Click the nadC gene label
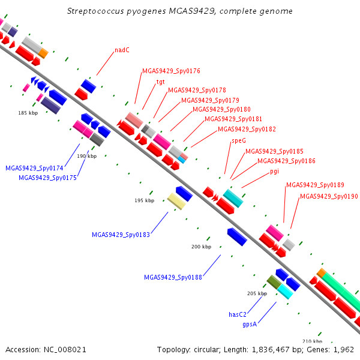point(122,50)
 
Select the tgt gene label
point(160,82)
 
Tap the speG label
point(239,140)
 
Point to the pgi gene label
point(274,172)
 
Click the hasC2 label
point(238,314)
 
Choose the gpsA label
point(250,324)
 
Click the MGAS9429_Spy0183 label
point(121,235)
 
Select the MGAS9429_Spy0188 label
point(173,277)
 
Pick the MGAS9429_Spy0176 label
point(171,71)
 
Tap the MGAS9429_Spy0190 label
point(329,196)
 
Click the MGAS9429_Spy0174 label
point(34,168)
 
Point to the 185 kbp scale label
point(28,113)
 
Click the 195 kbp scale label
point(145,200)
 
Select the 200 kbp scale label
point(201,247)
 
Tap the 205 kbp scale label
point(257,293)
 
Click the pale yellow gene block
point(176,201)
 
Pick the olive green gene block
point(274,282)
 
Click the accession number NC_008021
point(65,350)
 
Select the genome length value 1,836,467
point(271,350)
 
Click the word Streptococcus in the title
point(95,11)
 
